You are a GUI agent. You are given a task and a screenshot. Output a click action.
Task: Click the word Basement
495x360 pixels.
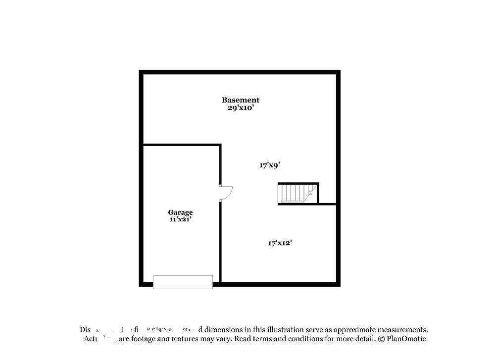[240, 100]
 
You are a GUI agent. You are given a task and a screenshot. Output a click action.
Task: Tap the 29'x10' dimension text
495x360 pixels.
[240, 107]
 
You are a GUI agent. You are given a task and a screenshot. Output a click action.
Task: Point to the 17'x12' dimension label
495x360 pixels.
[280, 243]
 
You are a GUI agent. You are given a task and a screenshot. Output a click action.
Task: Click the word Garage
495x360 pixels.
[180, 212]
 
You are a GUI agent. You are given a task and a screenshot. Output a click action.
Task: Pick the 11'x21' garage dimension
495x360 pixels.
[180, 219]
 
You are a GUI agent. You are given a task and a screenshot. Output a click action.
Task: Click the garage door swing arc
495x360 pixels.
[227, 193]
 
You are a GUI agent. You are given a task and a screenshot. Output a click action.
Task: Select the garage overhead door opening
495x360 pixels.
[183, 282]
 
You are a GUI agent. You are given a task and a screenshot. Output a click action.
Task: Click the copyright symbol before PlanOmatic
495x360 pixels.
[381, 339]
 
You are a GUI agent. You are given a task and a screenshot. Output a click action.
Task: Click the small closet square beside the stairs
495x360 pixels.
[327, 194]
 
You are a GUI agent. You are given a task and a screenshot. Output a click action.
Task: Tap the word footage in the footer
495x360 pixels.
[144, 339]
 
